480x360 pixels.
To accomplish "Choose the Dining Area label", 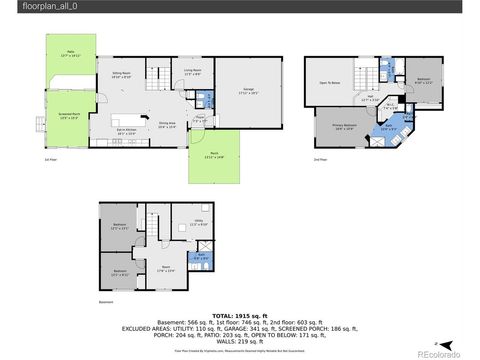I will (167, 125).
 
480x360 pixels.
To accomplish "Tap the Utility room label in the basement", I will (199, 222).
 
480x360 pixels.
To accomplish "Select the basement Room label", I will (164, 268).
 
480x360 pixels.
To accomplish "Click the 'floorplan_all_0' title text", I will (31, 6).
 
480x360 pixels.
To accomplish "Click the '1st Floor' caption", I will (50, 158).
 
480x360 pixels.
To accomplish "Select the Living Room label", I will (193, 72).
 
